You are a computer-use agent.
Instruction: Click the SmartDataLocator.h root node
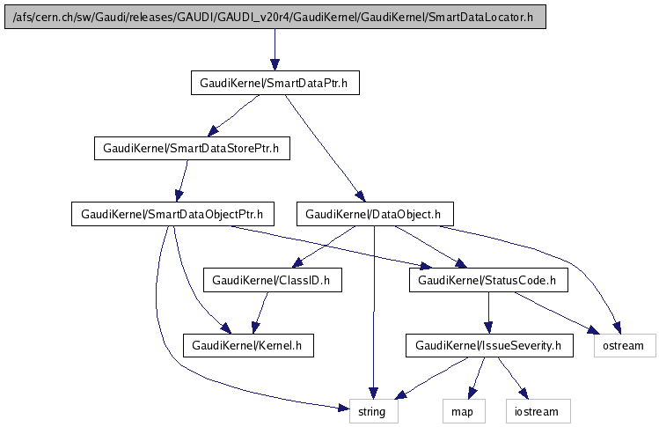pyautogui.click(x=275, y=18)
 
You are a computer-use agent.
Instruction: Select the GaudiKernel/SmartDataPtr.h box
pyautogui.click(x=275, y=84)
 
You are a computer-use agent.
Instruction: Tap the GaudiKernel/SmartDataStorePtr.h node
pyautogui.click(x=192, y=149)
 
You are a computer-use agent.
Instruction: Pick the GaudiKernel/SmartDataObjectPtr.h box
pyautogui.click(x=172, y=214)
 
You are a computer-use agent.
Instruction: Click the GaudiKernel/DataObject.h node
pyautogui.click(x=377, y=214)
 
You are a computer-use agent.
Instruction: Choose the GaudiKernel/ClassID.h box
pyautogui.click(x=272, y=280)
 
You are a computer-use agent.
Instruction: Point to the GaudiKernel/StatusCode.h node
pyautogui.click(x=487, y=280)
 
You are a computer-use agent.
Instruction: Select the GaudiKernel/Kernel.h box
pyautogui.click(x=247, y=345)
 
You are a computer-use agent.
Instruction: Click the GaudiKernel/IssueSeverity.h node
pyautogui.click(x=488, y=345)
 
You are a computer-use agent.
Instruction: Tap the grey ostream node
pyautogui.click(x=625, y=345)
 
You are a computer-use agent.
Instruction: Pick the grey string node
pyautogui.click(x=374, y=410)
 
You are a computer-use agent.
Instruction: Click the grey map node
pyautogui.click(x=463, y=410)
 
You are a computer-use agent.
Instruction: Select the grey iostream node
pyautogui.click(x=537, y=410)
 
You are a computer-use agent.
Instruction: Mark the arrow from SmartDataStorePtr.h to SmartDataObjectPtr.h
pyautogui.click(x=182, y=181)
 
